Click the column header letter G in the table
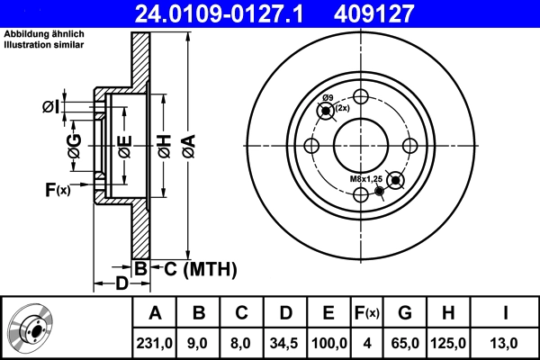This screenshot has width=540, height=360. pos(404,313)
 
